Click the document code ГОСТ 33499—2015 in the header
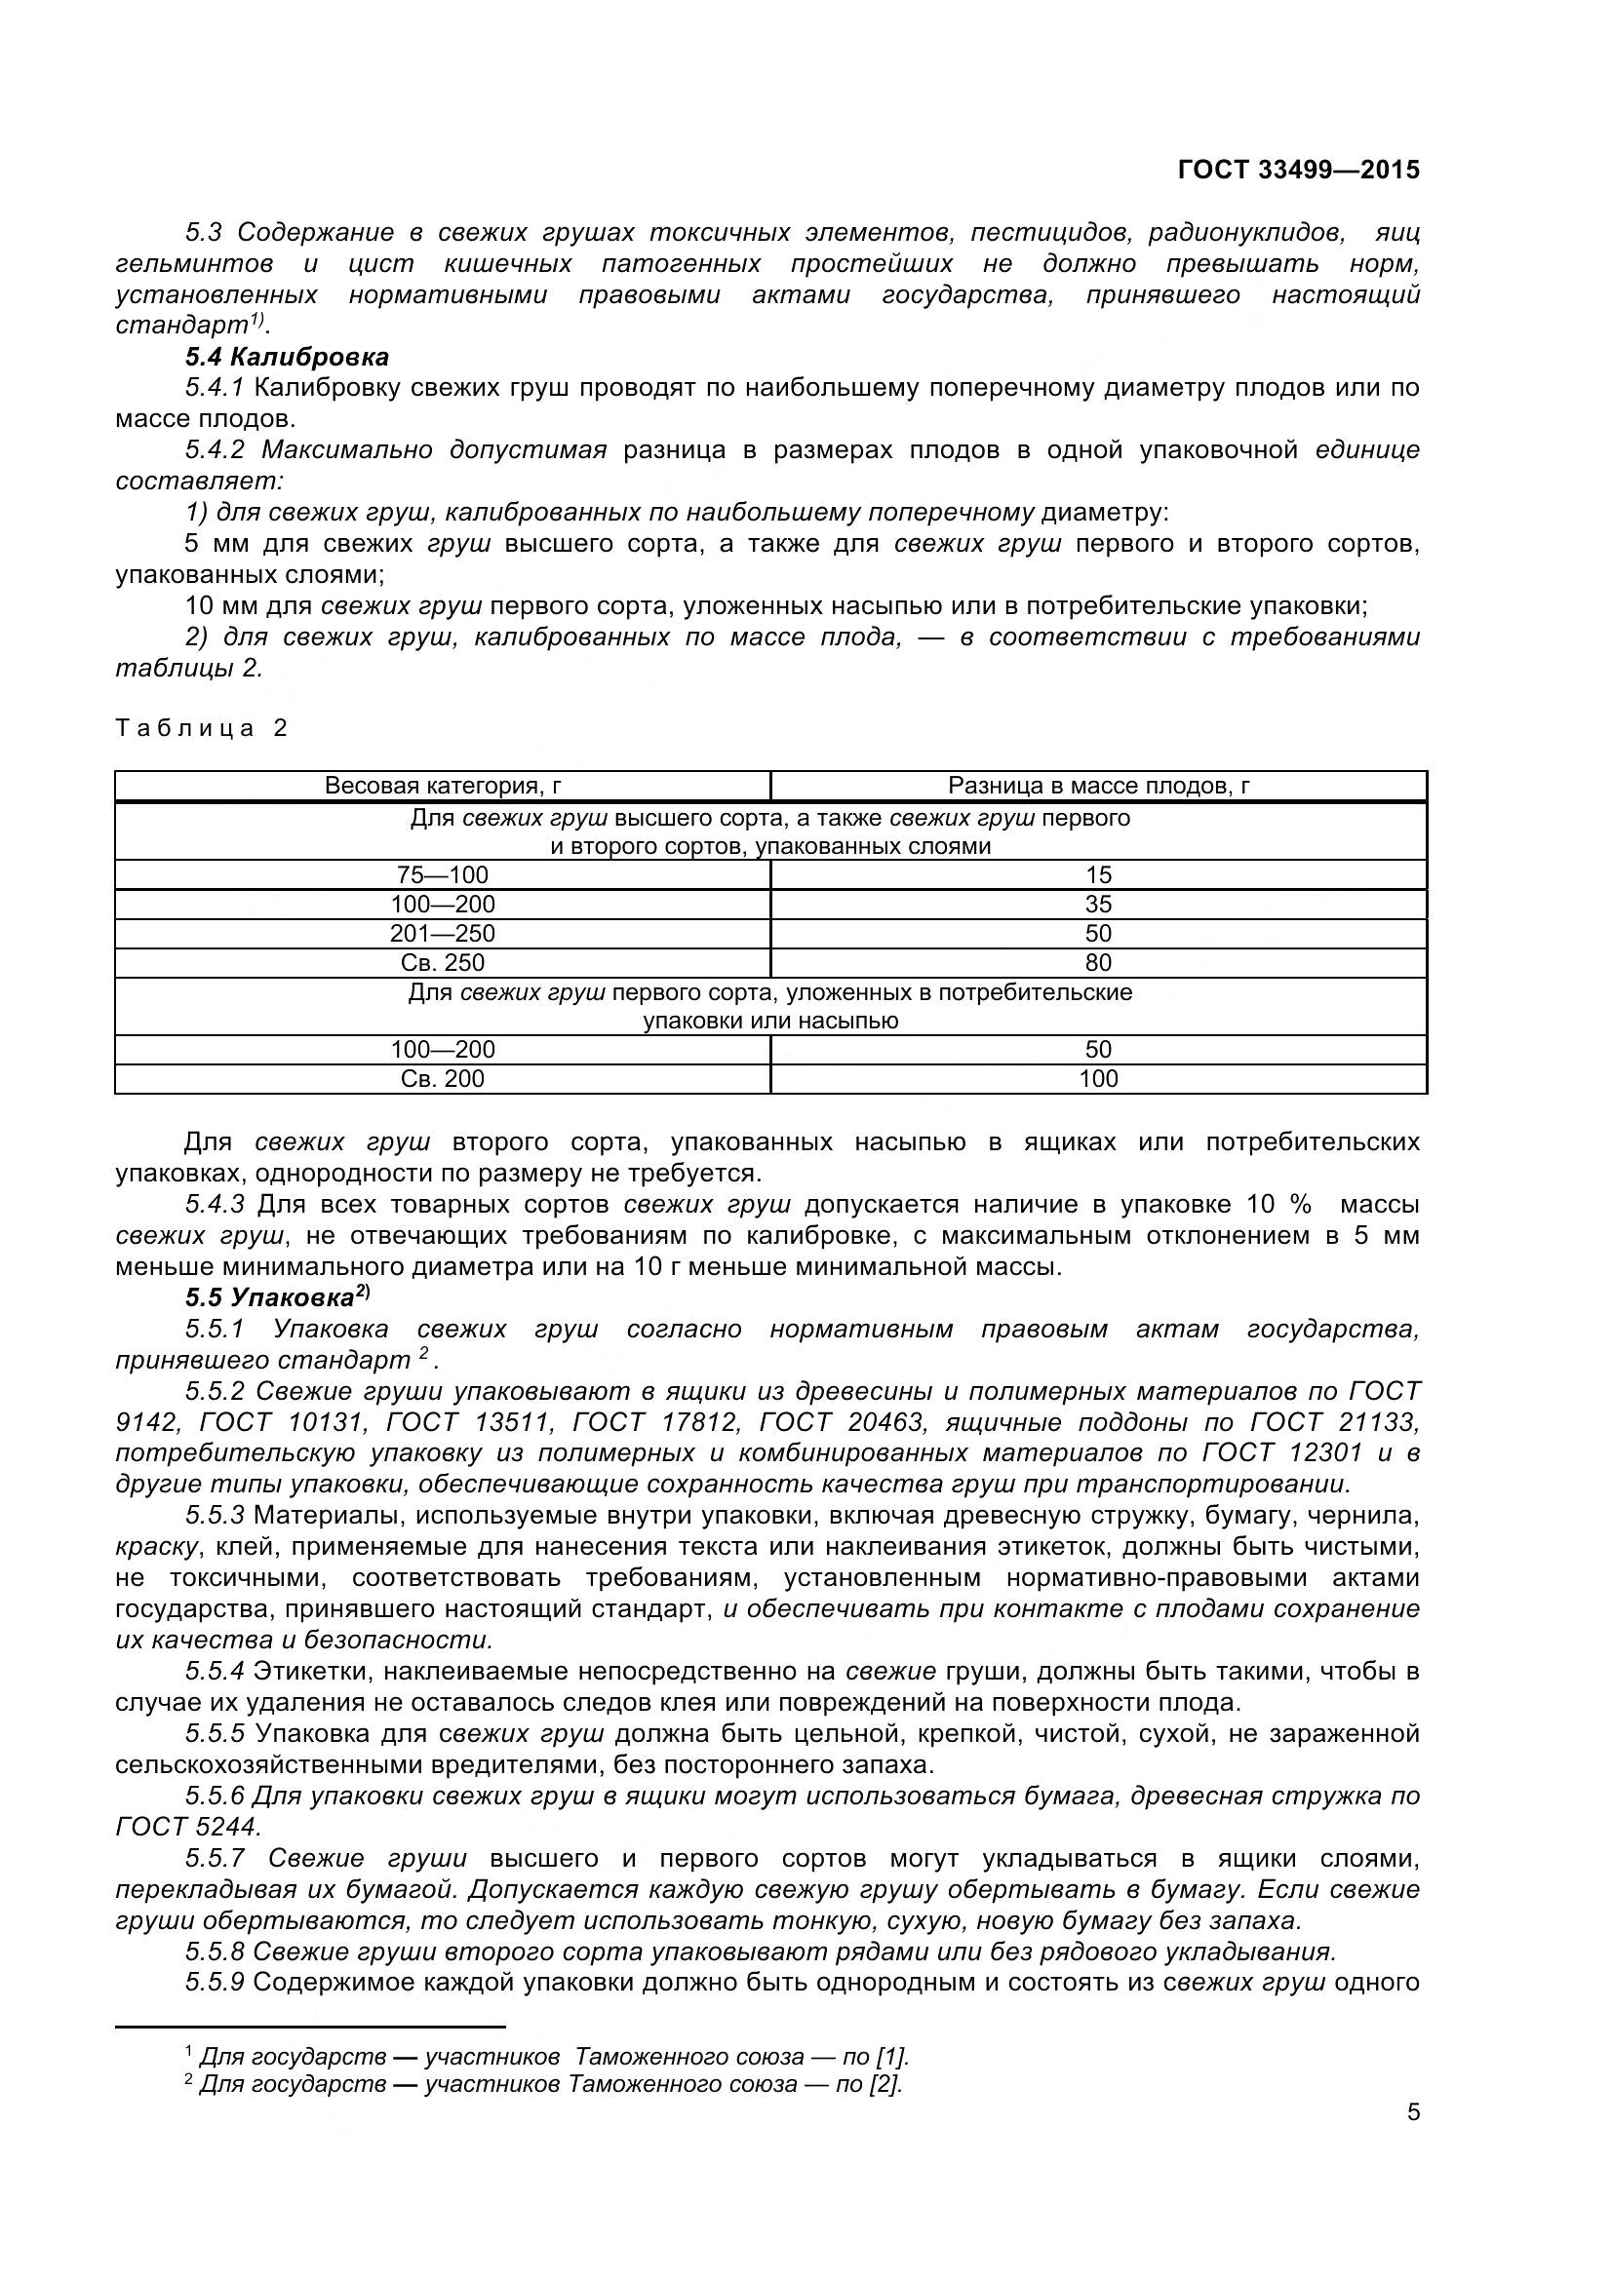1298,170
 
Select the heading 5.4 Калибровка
287,357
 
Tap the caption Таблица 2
202,728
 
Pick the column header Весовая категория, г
443,787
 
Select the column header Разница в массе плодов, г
1098,787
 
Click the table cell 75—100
443,874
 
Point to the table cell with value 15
1098,874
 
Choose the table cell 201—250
443,934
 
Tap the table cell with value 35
1098,904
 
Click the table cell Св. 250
443,962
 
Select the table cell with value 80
1098,962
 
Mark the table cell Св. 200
443,1078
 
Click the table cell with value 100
1098,1078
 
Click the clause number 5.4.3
215,1205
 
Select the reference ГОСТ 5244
187,1826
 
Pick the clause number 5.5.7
215,1858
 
